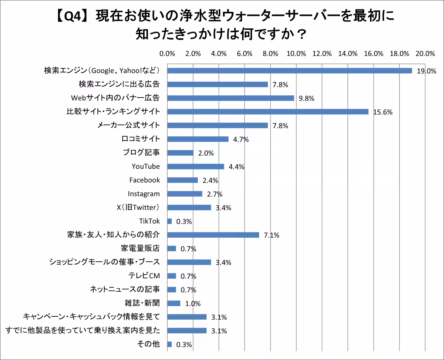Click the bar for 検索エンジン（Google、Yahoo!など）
289,71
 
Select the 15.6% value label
382,112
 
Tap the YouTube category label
146,166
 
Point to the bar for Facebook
182,180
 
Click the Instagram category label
144,194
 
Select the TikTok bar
169,221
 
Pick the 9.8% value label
306,98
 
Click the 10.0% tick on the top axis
296,54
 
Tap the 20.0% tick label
425,54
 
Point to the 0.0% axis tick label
167,54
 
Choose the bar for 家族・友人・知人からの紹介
213,235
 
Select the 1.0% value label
192,304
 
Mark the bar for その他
169,344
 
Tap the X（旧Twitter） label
138,207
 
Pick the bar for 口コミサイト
198,139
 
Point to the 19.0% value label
426,71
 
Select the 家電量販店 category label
140,248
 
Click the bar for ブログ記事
180,153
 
